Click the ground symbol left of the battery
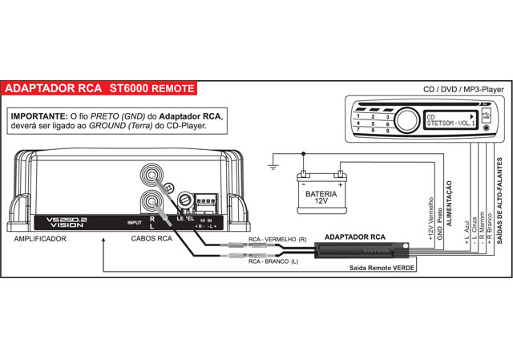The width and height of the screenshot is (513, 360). (274, 168)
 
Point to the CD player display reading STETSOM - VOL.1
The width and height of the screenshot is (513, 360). (446, 120)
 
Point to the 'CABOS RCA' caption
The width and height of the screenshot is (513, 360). (152, 238)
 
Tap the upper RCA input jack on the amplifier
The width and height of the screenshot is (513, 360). (151, 173)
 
